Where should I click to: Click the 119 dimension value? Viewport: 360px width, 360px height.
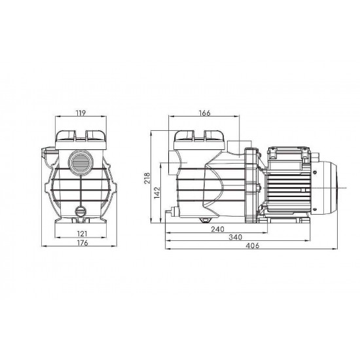pyautogui.click(x=81, y=113)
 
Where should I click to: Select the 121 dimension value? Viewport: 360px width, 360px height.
pyautogui.click(x=82, y=234)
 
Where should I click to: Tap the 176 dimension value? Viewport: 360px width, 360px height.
pyautogui.click(x=82, y=243)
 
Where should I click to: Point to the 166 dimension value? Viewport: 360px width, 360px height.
pyautogui.click(x=205, y=113)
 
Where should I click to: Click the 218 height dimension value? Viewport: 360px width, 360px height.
pyautogui.click(x=147, y=178)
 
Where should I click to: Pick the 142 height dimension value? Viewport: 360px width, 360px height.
pyautogui.click(x=157, y=192)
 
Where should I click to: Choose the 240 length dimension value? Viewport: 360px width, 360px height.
pyautogui.click(x=217, y=229)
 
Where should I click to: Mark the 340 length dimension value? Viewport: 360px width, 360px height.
pyautogui.click(x=236, y=237)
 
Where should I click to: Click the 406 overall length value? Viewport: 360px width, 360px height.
pyautogui.click(x=252, y=245)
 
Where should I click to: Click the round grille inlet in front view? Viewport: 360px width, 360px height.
pyautogui.click(x=81, y=162)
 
